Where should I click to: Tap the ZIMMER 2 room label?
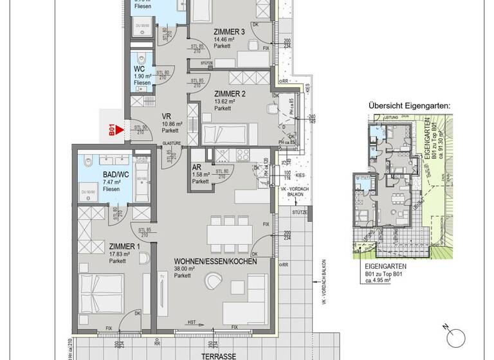pos(229,94)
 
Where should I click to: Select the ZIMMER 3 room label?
pos(229,32)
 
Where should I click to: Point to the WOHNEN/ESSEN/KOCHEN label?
pos(215,262)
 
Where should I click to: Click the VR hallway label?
pos(166,116)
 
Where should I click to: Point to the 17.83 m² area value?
pos(119,254)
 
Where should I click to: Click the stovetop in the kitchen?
pos(244,155)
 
